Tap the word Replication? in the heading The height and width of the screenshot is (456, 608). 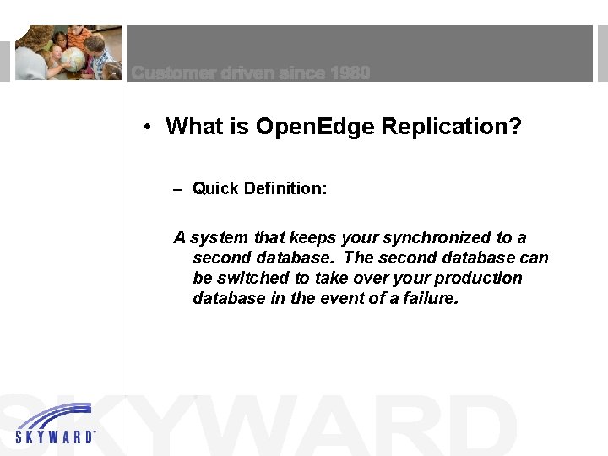coord(451,127)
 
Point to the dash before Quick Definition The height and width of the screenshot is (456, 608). coord(177,189)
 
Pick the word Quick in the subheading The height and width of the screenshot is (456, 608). coord(215,188)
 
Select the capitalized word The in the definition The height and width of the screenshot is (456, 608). coord(359,258)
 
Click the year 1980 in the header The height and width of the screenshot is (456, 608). coord(350,73)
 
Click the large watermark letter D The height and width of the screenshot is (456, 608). coord(473,426)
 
